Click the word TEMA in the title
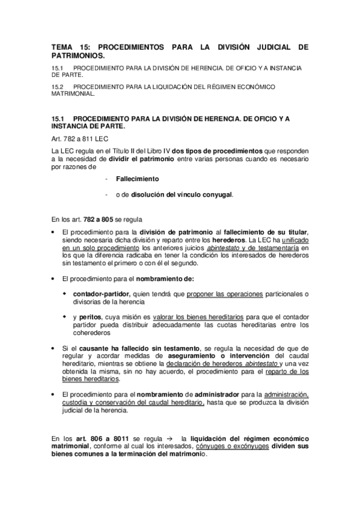(x=61, y=46)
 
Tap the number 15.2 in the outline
(x=58, y=87)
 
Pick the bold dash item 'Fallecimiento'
(x=137, y=179)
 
